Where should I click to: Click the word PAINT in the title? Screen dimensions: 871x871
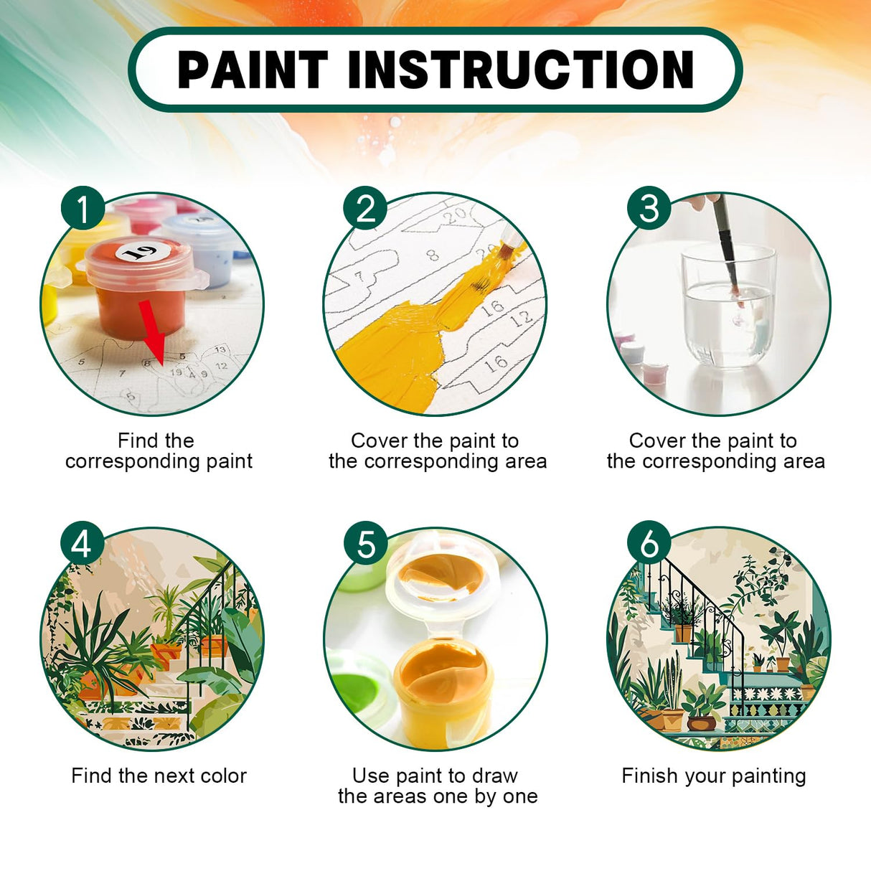(253, 70)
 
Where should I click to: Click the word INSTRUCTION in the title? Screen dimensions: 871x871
(521, 70)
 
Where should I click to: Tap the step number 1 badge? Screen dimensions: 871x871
(83, 208)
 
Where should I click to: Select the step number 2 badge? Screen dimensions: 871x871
(365, 209)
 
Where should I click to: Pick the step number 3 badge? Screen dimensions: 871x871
(649, 209)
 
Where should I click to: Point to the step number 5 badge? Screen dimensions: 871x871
(365, 544)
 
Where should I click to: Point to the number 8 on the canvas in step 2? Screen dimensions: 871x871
(432, 254)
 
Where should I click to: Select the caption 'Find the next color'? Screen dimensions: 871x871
(159, 776)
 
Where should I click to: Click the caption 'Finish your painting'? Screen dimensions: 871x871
(714, 776)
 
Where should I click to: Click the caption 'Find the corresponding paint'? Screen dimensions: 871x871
(158, 451)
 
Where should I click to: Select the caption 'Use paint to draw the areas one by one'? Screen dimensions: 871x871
(437, 786)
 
